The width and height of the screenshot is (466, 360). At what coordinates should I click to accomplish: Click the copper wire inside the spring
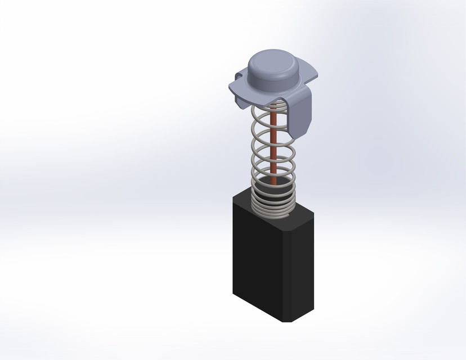click(274, 146)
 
